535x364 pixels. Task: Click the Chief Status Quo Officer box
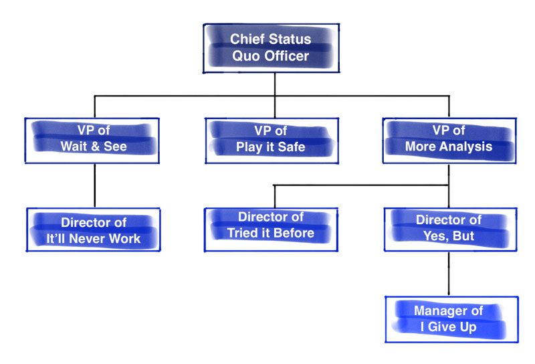click(272, 48)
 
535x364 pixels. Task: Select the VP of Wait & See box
click(92, 141)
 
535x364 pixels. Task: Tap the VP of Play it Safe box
click(272, 141)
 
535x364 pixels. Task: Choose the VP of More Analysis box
click(449, 141)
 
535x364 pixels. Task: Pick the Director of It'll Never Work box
click(94, 230)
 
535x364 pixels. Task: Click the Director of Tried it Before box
click(271, 230)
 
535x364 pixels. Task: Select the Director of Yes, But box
click(450, 230)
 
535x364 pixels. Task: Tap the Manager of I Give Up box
click(452, 319)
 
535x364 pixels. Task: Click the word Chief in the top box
click(245, 39)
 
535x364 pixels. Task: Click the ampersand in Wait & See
click(95, 147)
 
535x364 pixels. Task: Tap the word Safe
click(292, 147)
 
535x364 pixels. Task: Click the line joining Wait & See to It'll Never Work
click(95, 186)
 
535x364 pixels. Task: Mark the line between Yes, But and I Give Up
click(449, 274)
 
